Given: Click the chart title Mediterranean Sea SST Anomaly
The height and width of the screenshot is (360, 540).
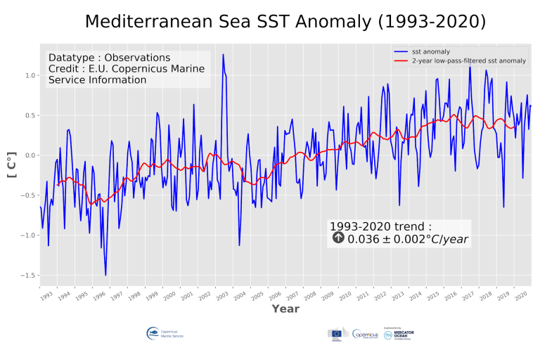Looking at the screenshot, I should [x=285, y=22].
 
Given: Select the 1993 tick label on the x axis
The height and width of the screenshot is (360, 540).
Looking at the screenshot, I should [x=46, y=296].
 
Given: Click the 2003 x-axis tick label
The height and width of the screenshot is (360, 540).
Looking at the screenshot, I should [x=221, y=296].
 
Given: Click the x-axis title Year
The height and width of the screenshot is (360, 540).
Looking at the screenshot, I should [x=285, y=309].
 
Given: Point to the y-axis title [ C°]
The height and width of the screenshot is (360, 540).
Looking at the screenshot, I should [x=12, y=164].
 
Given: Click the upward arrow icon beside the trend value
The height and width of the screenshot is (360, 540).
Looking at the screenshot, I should [x=338, y=238].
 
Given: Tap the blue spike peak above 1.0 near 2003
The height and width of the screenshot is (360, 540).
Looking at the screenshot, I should [x=223, y=55].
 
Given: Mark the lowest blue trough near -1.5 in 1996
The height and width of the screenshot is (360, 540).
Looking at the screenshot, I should [x=105, y=275].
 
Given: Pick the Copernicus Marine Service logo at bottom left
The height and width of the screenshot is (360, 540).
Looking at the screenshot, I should [x=162, y=335].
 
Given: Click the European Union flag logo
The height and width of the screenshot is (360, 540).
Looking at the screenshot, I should [x=336, y=335].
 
